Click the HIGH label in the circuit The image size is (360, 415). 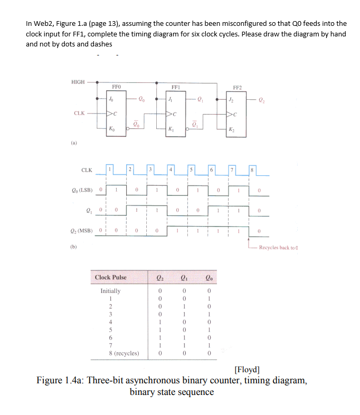(78, 82)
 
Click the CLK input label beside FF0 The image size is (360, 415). (80, 113)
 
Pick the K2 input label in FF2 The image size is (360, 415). (231, 128)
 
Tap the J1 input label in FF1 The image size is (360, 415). (170, 99)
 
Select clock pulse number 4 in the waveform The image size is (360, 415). (171, 168)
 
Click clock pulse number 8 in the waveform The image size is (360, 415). (252, 169)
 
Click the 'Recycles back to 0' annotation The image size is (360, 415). (281, 247)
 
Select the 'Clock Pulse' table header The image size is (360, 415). (110, 277)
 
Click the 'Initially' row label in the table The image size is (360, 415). (110, 291)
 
